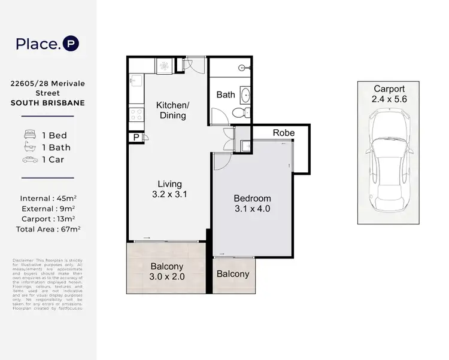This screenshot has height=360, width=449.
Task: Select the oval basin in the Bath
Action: [244, 94]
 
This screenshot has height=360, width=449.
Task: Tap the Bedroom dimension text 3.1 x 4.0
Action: [252, 209]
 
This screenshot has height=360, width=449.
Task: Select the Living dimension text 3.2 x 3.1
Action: [169, 194]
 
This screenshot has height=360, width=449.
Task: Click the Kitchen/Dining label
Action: [172, 111]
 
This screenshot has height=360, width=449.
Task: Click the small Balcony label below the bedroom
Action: [232, 274]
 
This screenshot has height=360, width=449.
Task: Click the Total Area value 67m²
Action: [70, 228]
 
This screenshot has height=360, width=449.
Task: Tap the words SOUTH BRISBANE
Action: [48, 103]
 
